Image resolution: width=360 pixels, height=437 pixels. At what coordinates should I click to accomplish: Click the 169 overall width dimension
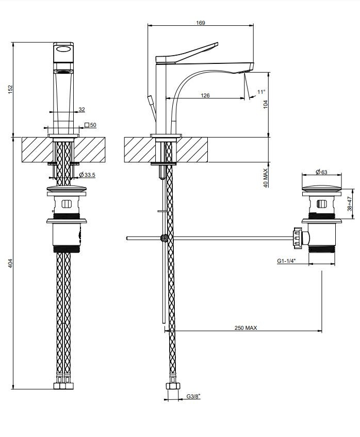click(x=201, y=23)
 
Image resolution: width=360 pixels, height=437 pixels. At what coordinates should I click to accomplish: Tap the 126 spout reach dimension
click(x=205, y=96)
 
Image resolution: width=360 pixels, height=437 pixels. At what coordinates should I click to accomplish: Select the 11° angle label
click(x=261, y=92)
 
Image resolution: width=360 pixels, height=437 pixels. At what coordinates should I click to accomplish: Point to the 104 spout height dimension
click(x=265, y=105)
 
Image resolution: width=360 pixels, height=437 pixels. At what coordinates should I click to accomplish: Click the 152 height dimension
click(x=10, y=90)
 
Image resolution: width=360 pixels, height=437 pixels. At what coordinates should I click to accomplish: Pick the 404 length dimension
click(x=10, y=263)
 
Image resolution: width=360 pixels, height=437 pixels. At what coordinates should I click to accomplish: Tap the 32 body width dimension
click(x=81, y=110)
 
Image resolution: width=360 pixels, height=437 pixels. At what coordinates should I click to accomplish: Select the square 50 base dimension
click(x=90, y=125)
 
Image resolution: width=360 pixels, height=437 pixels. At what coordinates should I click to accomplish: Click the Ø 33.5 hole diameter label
click(x=87, y=175)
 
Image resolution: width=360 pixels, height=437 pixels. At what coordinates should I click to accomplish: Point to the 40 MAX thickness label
click(x=265, y=178)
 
